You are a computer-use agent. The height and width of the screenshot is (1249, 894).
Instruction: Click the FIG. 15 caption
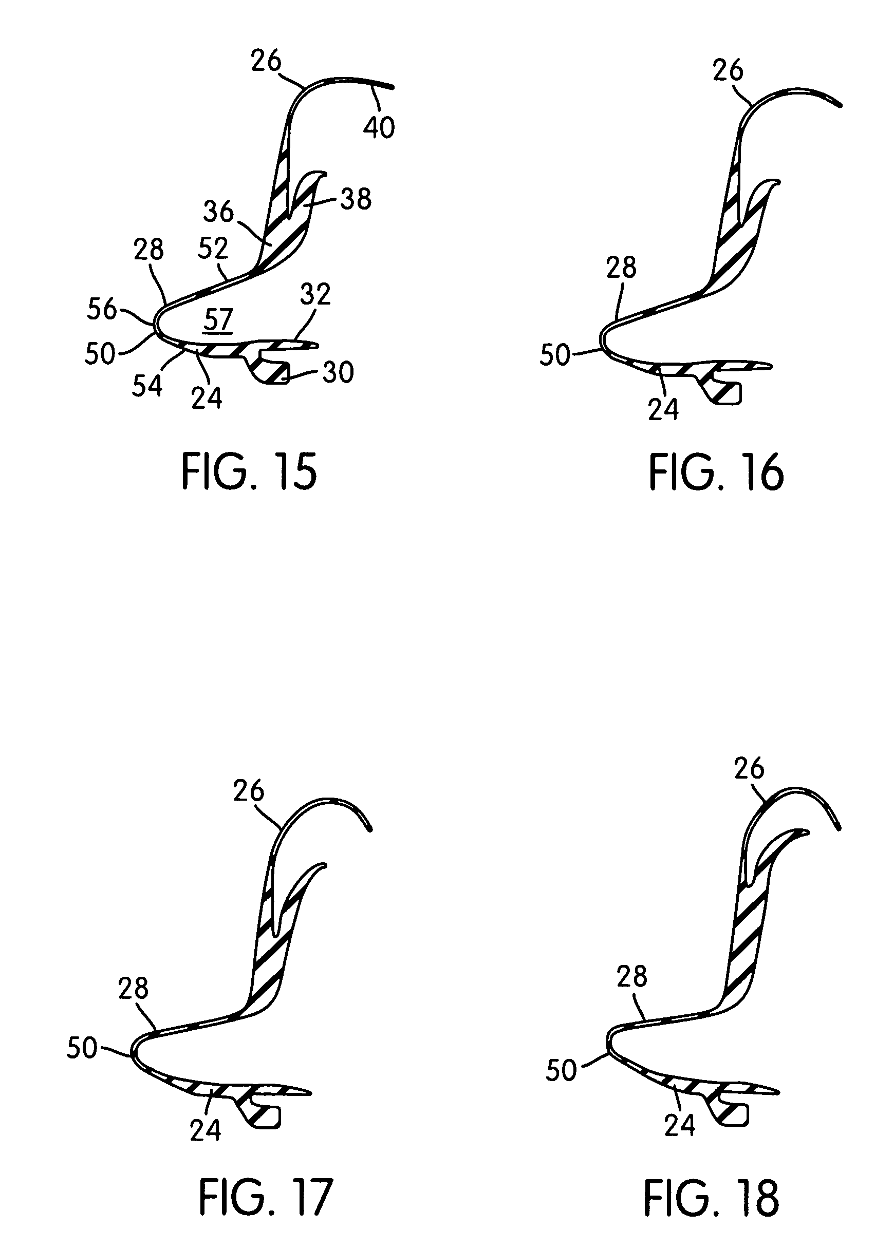pyautogui.click(x=249, y=472)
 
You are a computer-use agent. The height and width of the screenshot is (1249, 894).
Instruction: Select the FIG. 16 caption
pyautogui.click(x=716, y=472)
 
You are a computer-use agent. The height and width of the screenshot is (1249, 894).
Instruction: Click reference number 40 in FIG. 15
pyautogui.click(x=379, y=128)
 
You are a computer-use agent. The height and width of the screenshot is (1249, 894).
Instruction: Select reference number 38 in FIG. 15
pyautogui.click(x=356, y=199)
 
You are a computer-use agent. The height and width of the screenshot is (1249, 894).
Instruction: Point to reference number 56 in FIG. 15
pyautogui.click(x=102, y=310)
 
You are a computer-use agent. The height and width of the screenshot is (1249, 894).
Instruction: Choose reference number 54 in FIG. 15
pyautogui.click(x=147, y=386)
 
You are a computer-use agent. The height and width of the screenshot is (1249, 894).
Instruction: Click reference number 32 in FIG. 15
pyautogui.click(x=315, y=294)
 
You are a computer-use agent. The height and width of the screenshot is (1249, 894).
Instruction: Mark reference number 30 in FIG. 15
pyautogui.click(x=338, y=372)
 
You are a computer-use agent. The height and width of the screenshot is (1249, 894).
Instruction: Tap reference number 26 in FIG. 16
pyautogui.click(x=728, y=70)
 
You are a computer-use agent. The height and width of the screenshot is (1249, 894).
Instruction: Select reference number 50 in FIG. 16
pyautogui.click(x=555, y=355)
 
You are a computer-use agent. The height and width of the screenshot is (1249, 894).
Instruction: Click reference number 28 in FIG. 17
pyautogui.click(x=133, y=989)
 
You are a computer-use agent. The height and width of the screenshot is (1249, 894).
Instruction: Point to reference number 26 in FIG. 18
pyautogui.click(x=749, y=768)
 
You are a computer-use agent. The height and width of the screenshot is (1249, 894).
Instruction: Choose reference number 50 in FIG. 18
pyautogui.click(x=561, y=1070)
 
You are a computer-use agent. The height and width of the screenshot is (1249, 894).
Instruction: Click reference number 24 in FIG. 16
pyautogui.click(x=663, y=409)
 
